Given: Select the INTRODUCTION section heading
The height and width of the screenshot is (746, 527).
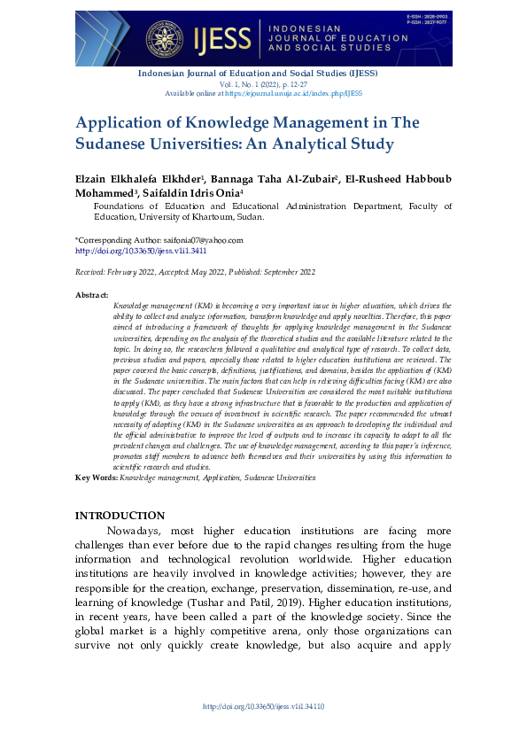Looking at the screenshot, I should coord(120,516).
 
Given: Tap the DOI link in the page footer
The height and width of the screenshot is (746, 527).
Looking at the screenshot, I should coord(264,706).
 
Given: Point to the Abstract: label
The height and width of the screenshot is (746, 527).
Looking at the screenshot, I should coord(92,294).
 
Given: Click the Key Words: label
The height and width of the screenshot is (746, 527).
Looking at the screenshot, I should coord(97,477).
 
